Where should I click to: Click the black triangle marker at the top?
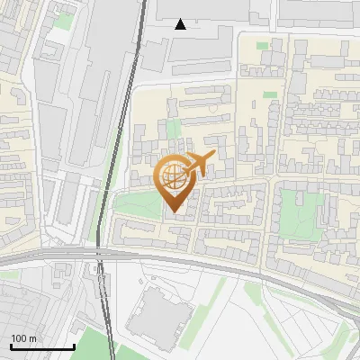pos(181,24)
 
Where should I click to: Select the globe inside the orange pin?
pos(175,177)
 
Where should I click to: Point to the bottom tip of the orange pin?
pos(175,212)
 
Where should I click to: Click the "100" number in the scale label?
pos(19,338)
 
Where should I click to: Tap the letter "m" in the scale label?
pos(32,338)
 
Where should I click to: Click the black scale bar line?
pos(41,346)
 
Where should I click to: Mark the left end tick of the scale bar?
pos(11,346)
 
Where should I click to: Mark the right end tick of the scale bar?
pos(73,346)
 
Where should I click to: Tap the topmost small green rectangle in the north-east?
pos(262,45)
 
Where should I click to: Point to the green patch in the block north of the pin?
pos(174,128)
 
